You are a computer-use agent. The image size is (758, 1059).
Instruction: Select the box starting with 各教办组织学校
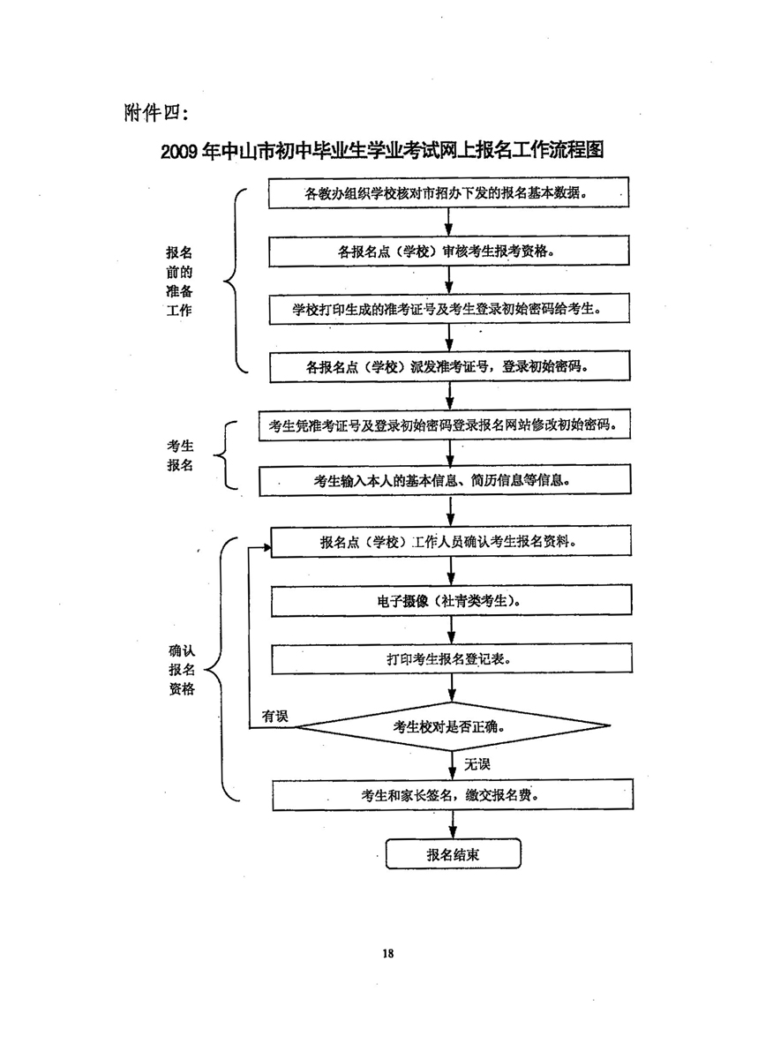coord(449,193)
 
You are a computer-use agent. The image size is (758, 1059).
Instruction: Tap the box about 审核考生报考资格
coord(449,251)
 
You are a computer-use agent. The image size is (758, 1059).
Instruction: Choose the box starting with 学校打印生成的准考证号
coord(449,309)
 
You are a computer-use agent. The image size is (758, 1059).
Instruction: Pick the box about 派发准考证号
coord(449,365)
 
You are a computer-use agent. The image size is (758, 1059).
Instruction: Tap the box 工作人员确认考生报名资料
coord(449,542)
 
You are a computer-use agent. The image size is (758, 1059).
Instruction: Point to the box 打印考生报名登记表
coord(449,658)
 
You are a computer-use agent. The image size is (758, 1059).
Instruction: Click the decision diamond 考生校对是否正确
coord(451,727)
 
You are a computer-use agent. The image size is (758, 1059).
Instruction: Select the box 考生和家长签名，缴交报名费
coord(449,794)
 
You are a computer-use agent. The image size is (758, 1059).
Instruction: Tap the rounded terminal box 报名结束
coord(454,854)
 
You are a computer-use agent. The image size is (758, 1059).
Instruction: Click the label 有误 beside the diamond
coord(274,716)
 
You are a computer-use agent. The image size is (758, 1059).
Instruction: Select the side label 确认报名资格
coord(181,669)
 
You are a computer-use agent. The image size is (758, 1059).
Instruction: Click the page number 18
coord(388,953)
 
